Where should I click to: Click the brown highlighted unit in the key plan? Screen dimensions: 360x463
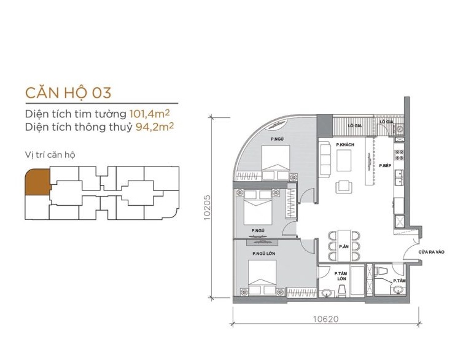click(x=36, y=183)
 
